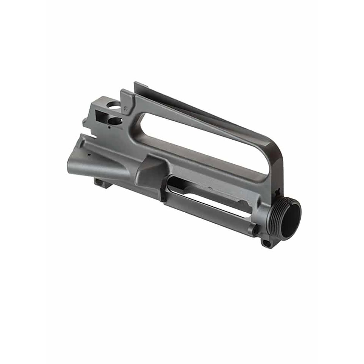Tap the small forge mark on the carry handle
point(125,107)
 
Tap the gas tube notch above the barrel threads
point(277,192)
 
